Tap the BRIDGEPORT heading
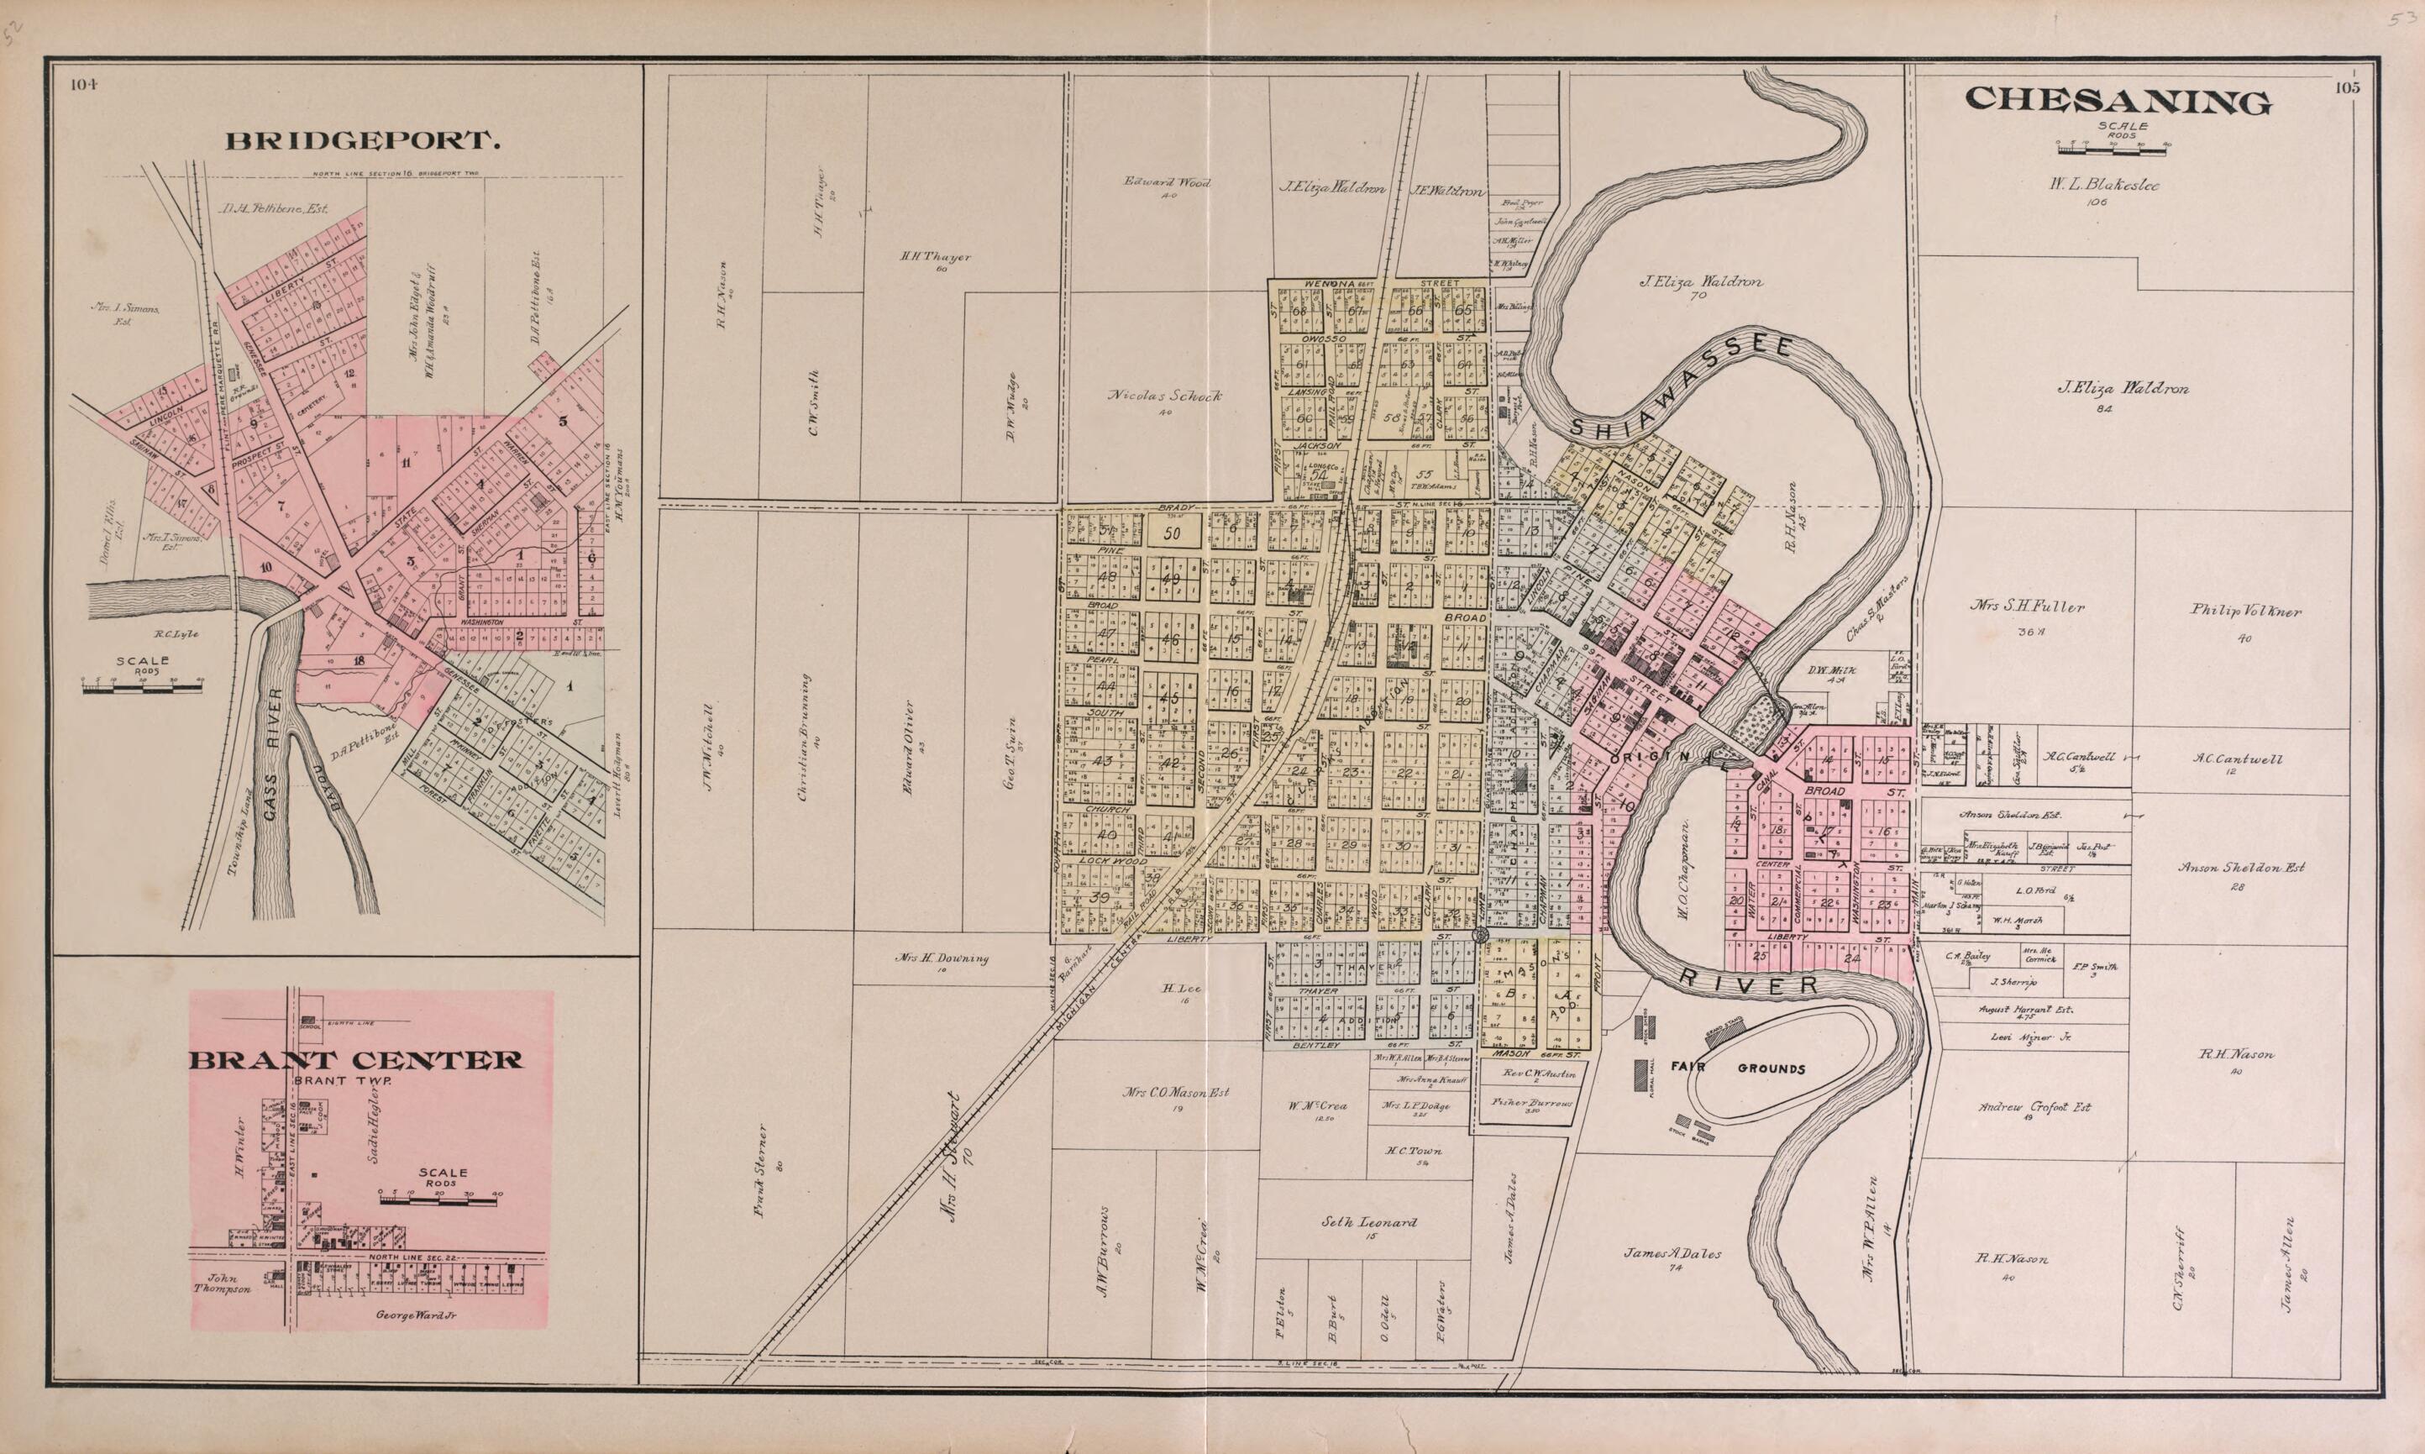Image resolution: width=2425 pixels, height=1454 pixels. pyautogui.click(x=364, y=141)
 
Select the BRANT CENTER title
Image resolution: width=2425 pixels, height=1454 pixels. pyautogui.click(x=354, y=1060)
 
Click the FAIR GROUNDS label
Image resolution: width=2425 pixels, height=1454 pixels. pyautogui.click(x=1737, y=1068)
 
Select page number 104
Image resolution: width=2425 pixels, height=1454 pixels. pyautogui.click(x=84, y=84)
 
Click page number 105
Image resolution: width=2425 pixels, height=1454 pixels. pyautogui.click(x=2348, y=87)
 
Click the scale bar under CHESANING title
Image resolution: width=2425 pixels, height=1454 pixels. pyautogui.click(x=2113, y=147)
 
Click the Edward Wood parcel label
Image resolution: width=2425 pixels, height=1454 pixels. pyautogui.click(x=1167, y=182)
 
